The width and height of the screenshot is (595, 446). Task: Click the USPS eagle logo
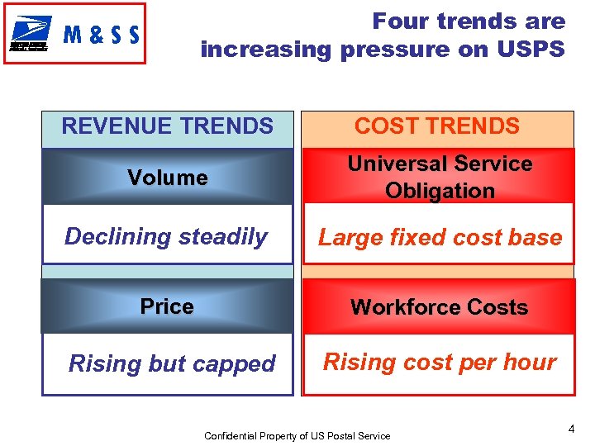click(31, 35)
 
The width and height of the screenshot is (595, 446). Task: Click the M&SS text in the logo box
click(101, 36)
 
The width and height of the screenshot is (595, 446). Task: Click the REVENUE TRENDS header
click(168, 126)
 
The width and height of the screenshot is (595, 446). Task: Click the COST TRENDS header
click(437, 126)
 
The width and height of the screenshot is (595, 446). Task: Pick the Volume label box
click(168, 178)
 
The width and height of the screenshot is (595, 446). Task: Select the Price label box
click(167, 306)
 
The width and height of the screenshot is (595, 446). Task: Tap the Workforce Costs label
click(439, 307)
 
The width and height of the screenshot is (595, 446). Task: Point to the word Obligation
click(440, 191)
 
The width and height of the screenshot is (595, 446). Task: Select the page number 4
click(571, 429)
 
